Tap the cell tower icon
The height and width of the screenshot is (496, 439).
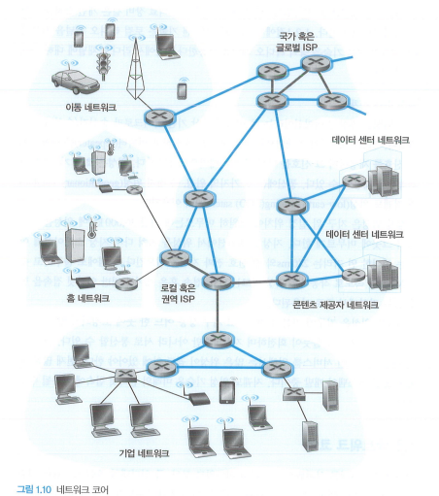click(136, 69)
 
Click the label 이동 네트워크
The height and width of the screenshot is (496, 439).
click(90, 108)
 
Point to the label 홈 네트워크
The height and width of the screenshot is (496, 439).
click(87, 298)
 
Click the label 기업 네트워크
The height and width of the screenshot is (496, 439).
click(144, 453)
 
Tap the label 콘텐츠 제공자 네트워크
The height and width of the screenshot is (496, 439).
click(336, 305)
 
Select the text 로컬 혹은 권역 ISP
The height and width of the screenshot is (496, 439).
click(178, 293)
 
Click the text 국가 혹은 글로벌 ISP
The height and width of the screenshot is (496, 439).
click(296, 42)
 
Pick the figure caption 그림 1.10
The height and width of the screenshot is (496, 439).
click(34, 489)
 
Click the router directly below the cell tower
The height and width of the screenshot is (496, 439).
click(159, 117)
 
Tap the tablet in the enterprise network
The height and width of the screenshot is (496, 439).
click(227, 392)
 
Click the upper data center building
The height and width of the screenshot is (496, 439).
click(384, 182)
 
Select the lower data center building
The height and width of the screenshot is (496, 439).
click(383, 275)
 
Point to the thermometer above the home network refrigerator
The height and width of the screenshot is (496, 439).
click(91, 228)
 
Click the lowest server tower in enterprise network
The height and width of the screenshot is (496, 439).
click(310, 436)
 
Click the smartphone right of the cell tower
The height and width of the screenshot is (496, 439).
click(182, 90)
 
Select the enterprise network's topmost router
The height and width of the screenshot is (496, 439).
click(218, 340)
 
